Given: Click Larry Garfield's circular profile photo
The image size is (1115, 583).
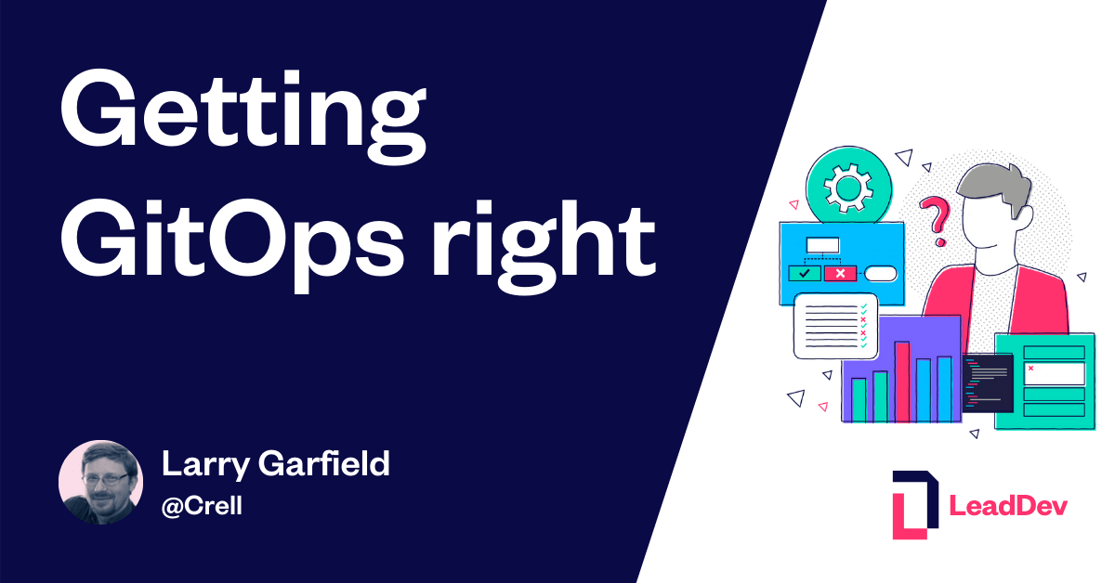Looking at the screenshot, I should [100, 483].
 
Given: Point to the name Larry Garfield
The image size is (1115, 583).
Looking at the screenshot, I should [275, 464].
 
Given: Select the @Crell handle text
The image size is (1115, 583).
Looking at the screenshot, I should [202, 507].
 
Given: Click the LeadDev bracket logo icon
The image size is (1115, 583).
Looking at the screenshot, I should [914, 504].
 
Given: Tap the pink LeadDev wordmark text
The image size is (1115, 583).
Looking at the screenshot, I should [1008, 506].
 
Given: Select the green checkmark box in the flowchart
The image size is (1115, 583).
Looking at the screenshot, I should [803, 273].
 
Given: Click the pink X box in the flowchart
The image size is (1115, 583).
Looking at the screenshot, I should [840, 273].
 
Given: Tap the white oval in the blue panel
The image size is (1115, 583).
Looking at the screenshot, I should [881, 273].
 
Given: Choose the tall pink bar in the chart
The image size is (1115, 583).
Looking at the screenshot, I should [901, 381].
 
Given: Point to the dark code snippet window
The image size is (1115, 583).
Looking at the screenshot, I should [987, 382].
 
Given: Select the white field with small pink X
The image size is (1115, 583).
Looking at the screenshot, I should [1054, 372].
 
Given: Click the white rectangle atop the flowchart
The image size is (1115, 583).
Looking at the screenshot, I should [822, 245].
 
